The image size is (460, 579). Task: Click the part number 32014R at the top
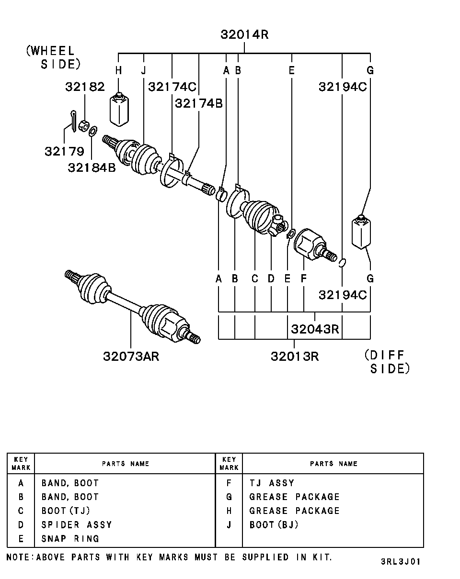[244, 35]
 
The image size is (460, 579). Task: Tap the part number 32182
[85, 87]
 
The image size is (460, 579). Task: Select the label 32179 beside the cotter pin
[64, 151]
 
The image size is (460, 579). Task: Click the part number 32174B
[199, 103]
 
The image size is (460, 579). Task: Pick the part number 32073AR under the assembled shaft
[131, 356]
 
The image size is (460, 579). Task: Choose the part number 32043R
[315, 329]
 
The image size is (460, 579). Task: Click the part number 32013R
[294, 356]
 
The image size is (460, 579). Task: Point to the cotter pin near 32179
[72, 122]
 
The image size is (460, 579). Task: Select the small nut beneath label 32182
[83, 126]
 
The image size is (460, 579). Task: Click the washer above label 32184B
[93, 130]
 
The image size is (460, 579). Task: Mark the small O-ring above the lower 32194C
[342, 262]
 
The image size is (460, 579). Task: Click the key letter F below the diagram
[303, 278]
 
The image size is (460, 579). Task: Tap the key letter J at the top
[143, 70]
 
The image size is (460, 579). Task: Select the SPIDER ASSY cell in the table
[77, 524]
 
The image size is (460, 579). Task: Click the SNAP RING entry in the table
[70, 538]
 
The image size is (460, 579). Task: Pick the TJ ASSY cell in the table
[272, 483]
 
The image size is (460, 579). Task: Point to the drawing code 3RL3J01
[401, 561]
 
